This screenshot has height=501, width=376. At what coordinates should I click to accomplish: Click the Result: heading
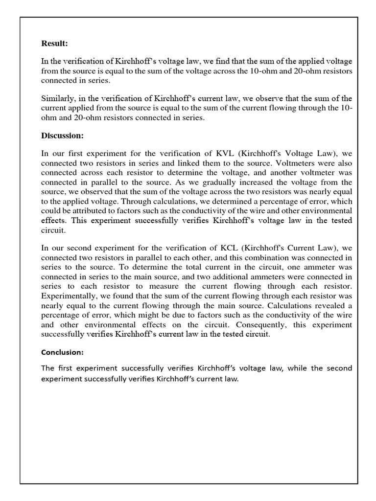pos(54,44)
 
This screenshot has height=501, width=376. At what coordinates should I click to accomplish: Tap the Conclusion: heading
pos(63,352)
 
